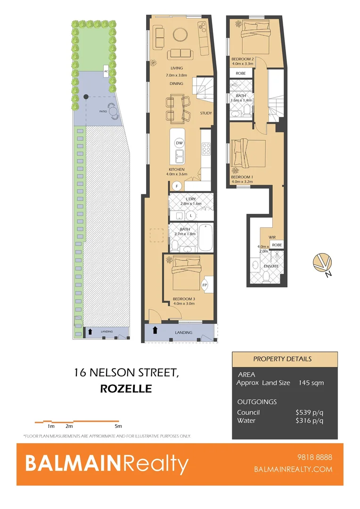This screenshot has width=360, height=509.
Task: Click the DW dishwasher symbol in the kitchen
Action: [x=179, y=143]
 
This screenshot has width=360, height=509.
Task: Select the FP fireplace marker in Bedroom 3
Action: [x=205, y=285]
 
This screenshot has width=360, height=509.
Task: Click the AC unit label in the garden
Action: [x=106, y=72]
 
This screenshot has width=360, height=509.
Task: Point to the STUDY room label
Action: [x=206, y=113]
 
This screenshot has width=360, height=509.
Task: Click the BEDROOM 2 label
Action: [x=243, y=58]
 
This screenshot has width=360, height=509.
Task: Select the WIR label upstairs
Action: [x=272, y=238]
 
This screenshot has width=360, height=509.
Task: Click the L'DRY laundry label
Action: [x=191, y=199]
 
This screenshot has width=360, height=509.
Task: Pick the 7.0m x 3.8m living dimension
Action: [x=177, y=75]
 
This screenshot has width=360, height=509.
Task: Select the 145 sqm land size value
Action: [x=311, y=383]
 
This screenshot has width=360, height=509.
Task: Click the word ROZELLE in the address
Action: [x=126, y=389]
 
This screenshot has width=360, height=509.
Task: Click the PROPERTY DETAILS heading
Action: [x=283, y=359]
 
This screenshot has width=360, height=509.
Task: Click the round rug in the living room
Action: [x=180, y=34]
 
